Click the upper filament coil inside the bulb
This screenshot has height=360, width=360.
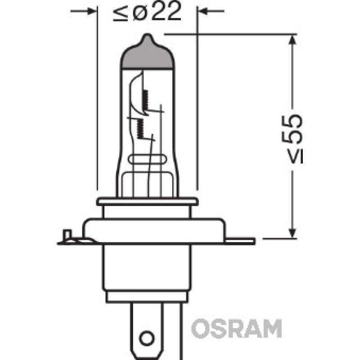(145, 99)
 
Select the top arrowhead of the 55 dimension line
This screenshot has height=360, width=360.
(293, 38)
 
